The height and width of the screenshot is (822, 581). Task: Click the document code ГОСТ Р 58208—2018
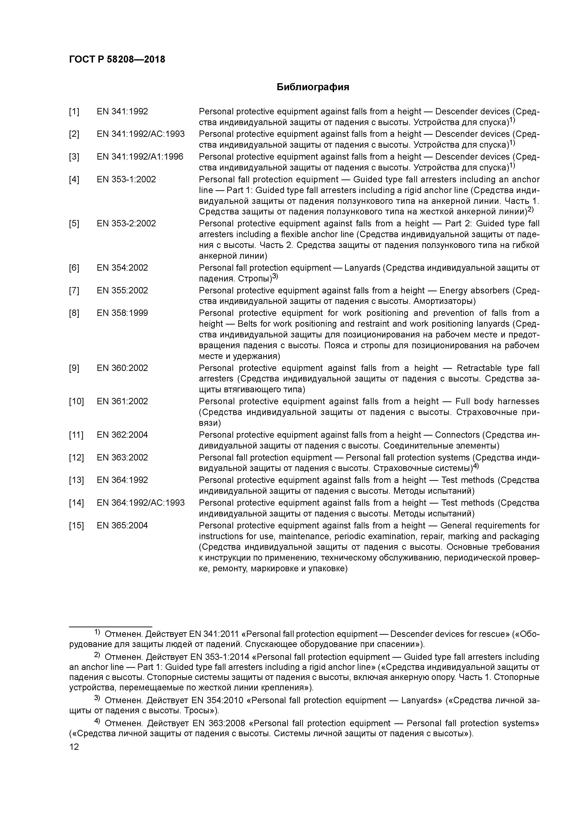pos(117,60)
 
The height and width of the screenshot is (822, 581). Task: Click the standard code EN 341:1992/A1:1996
pos(140,157)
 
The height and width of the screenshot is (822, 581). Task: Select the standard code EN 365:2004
pos(122,526)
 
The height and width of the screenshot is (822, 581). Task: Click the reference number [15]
pos(76,526)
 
